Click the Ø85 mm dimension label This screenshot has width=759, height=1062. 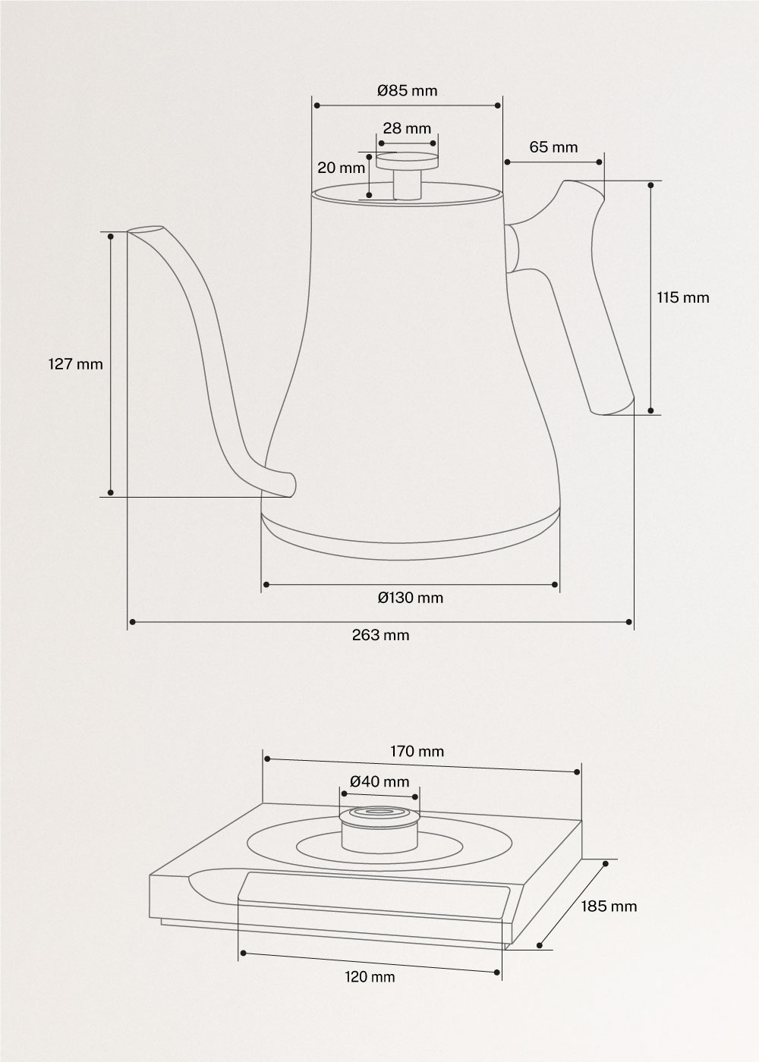tap(408, 91)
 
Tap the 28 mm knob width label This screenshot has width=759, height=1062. tap(407, 128)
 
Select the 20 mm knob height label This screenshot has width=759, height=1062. tap(341, 168)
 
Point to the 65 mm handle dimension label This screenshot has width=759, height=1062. tap(553, 147)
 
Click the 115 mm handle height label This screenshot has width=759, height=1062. tap(683, 297)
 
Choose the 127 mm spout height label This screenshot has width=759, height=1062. tap(75, 364)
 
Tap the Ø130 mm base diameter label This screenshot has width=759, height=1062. tap(410, 598)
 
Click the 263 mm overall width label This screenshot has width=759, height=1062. tap(380, 636)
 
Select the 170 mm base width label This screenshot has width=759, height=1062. tap(417, 752)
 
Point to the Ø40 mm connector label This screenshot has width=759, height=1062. tap(379, 781)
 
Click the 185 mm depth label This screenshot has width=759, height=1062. tap(609, 906)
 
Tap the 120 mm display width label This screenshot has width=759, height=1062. tap(370, 977)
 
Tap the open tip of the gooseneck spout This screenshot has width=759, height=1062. tap(144, 230)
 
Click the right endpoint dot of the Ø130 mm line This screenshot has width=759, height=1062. tap(555, 584)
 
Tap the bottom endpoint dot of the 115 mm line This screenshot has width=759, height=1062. tap(651, 410)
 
